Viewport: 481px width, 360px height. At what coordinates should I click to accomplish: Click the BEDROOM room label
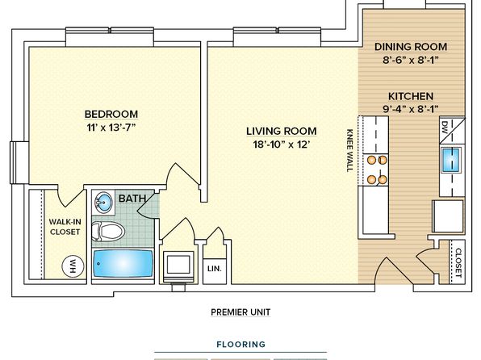point(111,114)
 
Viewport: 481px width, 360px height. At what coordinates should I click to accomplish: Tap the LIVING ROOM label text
point(282,131)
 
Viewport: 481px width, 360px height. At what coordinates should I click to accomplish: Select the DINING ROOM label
point(411,47)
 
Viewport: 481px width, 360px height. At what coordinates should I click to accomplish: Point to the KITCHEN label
point(411,96)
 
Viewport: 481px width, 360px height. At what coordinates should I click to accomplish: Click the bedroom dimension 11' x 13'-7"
point(111,127)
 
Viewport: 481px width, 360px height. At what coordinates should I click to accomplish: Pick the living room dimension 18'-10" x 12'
point(280,144)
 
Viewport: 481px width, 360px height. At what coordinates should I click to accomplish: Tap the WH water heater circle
point(73,266)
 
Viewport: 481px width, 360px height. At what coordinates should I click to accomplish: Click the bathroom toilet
point(108,231)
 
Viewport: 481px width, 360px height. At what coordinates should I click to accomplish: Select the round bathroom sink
point(103,202)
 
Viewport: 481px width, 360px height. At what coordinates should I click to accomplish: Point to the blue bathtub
point(123,263)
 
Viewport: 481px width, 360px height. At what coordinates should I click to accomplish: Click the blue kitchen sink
point(450,160)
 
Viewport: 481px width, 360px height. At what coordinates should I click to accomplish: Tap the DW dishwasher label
point(445,128)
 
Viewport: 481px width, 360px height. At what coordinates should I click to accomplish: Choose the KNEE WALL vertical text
point(349,150)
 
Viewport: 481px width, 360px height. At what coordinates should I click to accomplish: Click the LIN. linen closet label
point(215,269)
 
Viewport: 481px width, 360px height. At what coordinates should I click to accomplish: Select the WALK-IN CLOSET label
point(65,227)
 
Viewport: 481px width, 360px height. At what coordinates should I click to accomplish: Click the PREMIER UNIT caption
point(240,312)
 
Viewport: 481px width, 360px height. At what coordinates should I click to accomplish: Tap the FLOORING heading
point(240,345)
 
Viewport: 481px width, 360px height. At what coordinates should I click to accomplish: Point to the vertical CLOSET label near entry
point(458,262)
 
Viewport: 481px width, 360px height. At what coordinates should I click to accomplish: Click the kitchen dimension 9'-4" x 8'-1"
point(411,109)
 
